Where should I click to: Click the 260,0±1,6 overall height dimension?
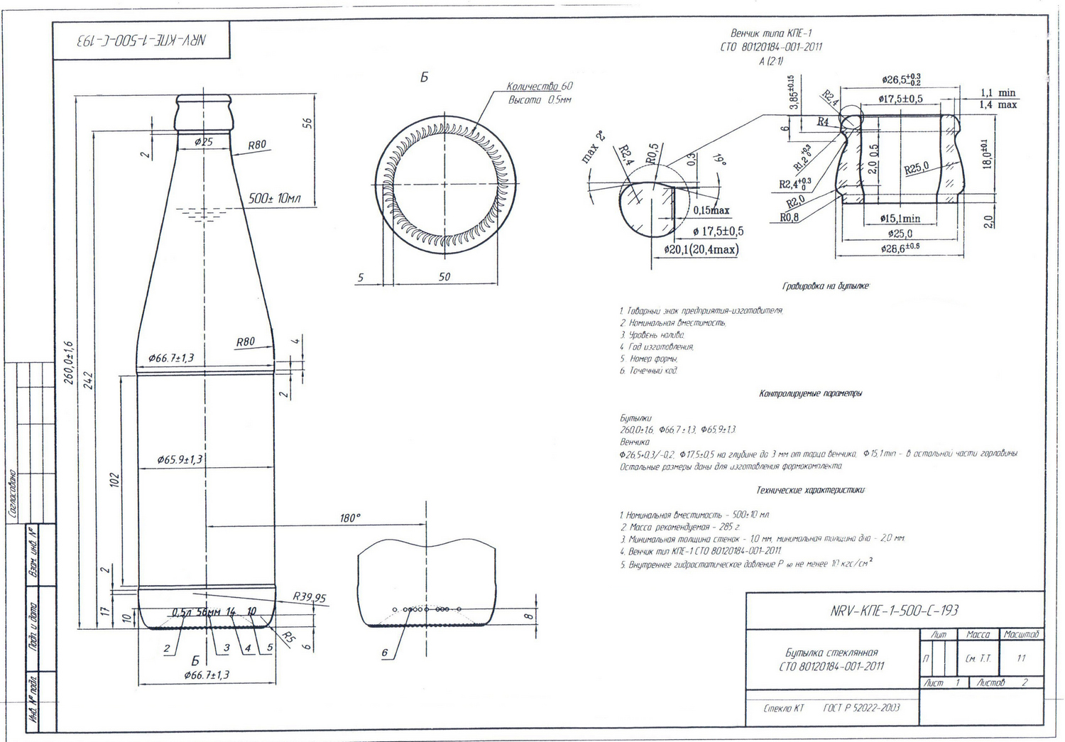point(69,362)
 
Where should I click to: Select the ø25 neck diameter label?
point(203,142)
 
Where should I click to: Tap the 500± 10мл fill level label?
point(274,198)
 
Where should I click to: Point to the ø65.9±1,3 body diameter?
point(180,459)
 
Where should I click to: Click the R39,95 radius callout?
point(310,597)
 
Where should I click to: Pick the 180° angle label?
point(349,518)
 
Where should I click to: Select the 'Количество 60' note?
point(540,87)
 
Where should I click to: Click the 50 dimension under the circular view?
point(444,277)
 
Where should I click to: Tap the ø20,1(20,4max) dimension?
point(701,250)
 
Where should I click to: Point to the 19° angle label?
point(720,160)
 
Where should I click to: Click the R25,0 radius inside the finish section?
point(916,168)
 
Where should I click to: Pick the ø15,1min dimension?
point(900,219)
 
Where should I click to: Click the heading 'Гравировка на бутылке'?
point(825,286)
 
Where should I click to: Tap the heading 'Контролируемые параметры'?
point(810,393)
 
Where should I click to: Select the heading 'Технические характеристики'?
point(811,490)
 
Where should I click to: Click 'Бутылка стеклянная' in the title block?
point(831,653)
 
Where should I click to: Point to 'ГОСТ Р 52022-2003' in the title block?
point(861,708)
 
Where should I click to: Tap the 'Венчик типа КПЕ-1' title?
point(771,33)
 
